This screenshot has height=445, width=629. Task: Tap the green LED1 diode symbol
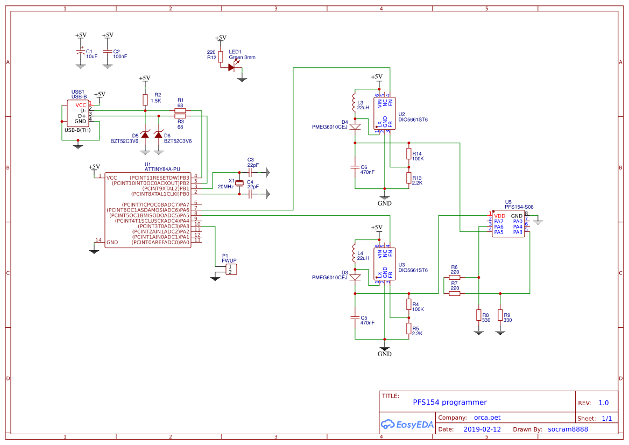[232, 67]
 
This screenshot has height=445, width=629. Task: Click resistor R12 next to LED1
[220, 57]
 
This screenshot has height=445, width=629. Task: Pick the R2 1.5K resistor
[145, 100]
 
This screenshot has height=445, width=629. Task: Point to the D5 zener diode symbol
[145, 133]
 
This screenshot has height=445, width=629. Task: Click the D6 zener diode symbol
[158, 133]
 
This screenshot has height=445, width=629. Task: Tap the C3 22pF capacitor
[250, 173]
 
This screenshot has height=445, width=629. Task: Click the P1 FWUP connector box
[230, 269]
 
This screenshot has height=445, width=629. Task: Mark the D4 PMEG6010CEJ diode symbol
[355, 127]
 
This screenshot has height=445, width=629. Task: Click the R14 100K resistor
[408, 154]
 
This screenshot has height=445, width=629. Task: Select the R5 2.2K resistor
[408, 328]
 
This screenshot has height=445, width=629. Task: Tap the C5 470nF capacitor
[355, 317]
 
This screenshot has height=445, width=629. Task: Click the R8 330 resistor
[478, 315]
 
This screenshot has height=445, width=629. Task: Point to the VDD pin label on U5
[499, 216]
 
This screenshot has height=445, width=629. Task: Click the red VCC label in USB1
[81, 105]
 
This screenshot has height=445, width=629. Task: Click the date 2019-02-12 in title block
[482, 429]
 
